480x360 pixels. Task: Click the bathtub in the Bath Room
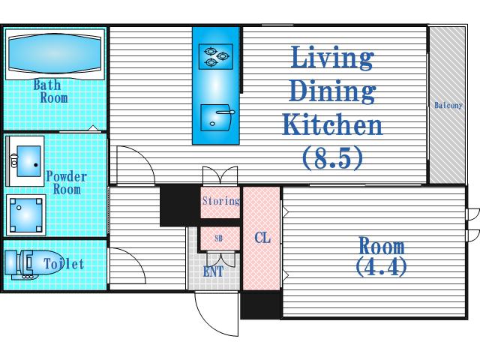coord(55,54)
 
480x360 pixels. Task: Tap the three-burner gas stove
coord(216,57)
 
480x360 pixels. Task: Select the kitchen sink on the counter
coord(216,118)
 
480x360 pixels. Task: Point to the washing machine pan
coord(26,215)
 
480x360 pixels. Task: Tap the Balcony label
coord(448,105)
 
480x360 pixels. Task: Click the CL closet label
coord(262,238)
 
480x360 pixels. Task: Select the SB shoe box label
coord(218,238)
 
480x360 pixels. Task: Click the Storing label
coord(221,201)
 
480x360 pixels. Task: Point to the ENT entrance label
coord(213,271)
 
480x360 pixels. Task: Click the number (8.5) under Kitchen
coord(332,157)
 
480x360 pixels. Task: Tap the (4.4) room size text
coord(382,267)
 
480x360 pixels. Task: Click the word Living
coord(332,57)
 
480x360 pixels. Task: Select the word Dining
coord(332,91)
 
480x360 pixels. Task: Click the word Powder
coord(67,176)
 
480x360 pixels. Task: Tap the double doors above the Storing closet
coord(220,175)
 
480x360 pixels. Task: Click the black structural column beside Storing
coord(179,205)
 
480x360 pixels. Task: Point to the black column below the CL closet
coord(260,305)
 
